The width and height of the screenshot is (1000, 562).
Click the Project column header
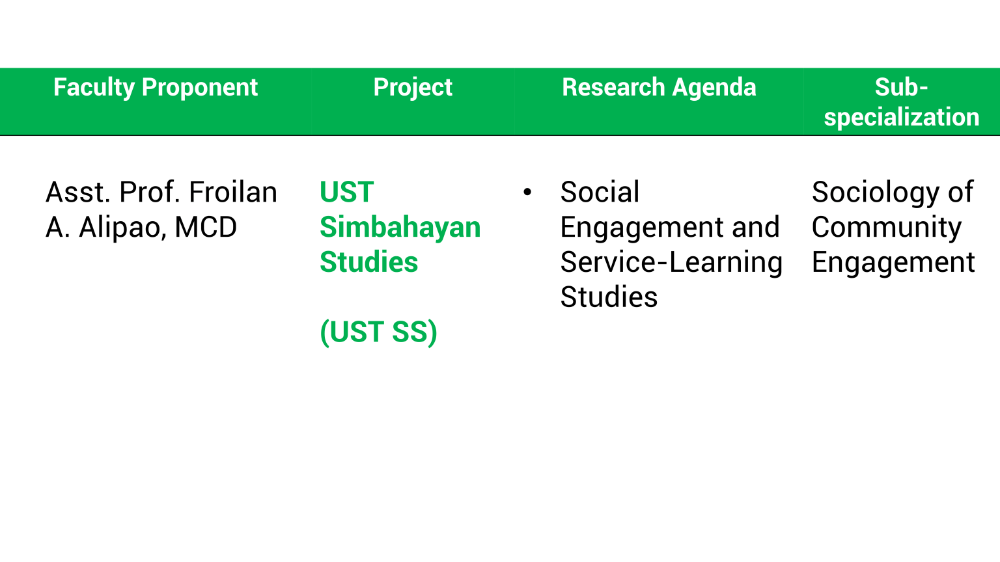coord(413,88)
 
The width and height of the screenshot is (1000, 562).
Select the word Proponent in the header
coord(200,88)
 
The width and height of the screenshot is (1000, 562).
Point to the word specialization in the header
coord(901,117)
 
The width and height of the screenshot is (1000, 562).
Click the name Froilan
coord(232,193)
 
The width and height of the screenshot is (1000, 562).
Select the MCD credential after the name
coord(205,228)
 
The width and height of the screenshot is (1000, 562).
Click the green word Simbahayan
coord(400,228)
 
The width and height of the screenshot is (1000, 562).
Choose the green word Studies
coord(368,262)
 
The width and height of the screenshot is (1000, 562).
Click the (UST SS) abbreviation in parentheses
coord(378,332)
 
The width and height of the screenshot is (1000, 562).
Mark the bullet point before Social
coord(527,193)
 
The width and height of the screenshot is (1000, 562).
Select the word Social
coord(600,193)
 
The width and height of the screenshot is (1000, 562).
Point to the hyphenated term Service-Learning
coord(671,263)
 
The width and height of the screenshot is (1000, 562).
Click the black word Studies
coord(609,297)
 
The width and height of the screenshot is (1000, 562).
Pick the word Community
coord(886,228)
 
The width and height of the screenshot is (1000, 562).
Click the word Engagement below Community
coord(893,263)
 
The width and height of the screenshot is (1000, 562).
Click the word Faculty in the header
coord(94,88)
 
